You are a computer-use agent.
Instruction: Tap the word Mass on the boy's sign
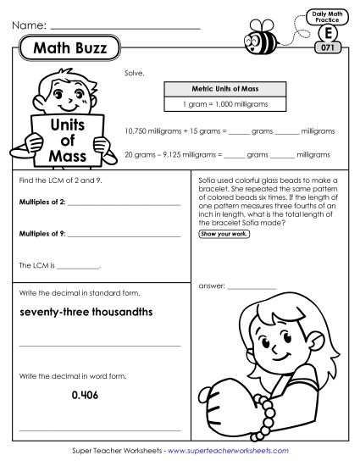[x=64, y=157]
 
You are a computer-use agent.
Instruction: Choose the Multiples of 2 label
[x=40, y=204]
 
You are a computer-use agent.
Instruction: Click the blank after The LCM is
[x=81, y=266]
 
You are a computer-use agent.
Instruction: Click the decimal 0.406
[x=86, y=394]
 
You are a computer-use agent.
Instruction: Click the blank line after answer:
[x=252, y=288]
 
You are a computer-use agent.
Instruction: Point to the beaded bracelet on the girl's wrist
[x=269, y=411]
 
